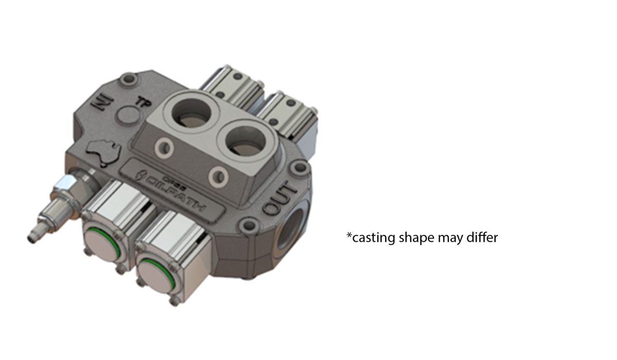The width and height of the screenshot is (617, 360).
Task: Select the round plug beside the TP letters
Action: [126, 117]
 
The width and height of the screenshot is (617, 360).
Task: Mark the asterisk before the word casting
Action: [349, 236]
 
